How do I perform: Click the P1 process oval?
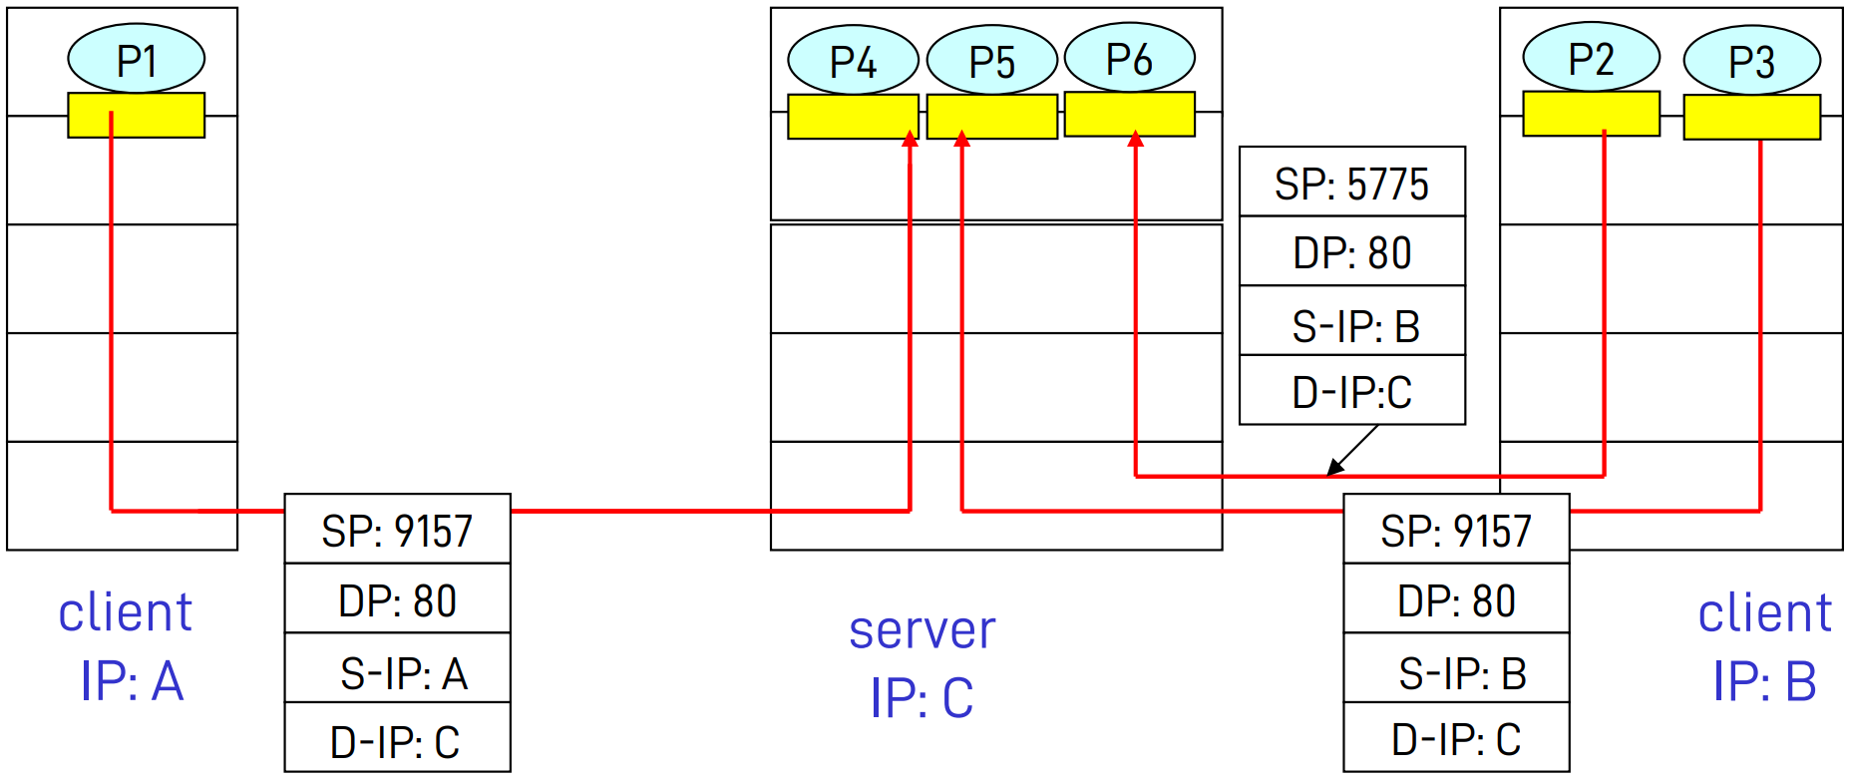coord(137,59)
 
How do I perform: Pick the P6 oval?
coord(1129,58)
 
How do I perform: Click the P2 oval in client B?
coord(1591,58)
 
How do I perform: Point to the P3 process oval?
coord(1751,60)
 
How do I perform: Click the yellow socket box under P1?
coord(137,115)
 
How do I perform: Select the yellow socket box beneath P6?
coord(1129,114)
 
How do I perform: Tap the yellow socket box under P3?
coord(1751,117)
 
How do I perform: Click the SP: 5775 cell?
coord(1351,183)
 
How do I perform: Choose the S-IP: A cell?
coord(397,671)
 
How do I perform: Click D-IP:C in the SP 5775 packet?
coord(1351,391)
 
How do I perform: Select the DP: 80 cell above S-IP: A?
coord(397,600)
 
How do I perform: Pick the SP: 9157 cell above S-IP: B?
coord(1455,530)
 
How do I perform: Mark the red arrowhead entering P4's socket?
coord(910,140)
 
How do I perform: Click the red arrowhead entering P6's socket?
coord(1135,140)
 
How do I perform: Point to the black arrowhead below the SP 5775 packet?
coord(1334,469)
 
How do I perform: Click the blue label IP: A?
coord(132,681)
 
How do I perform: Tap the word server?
coord(922,630)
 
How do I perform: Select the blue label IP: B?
coord(1763,681)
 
